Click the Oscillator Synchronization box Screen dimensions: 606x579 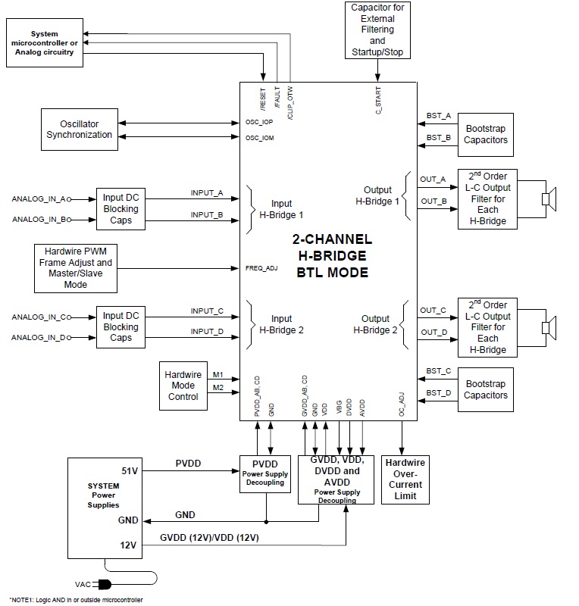click(80, 130)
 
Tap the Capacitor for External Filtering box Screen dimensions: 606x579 click(377, 31)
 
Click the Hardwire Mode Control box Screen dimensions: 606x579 click(183, 386)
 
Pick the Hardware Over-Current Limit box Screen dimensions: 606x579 click(405, 479)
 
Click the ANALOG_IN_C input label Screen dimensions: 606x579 click(41, 317)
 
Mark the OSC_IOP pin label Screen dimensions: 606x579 click(259, 122)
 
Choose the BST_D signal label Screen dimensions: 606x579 click(439, 392)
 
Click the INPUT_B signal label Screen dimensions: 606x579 click(207, 215)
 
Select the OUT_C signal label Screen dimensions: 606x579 click(433, 311)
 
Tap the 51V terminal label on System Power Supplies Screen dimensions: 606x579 click(129, 470)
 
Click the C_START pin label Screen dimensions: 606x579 click(378, 100)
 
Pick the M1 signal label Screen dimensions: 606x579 click(218, 375)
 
